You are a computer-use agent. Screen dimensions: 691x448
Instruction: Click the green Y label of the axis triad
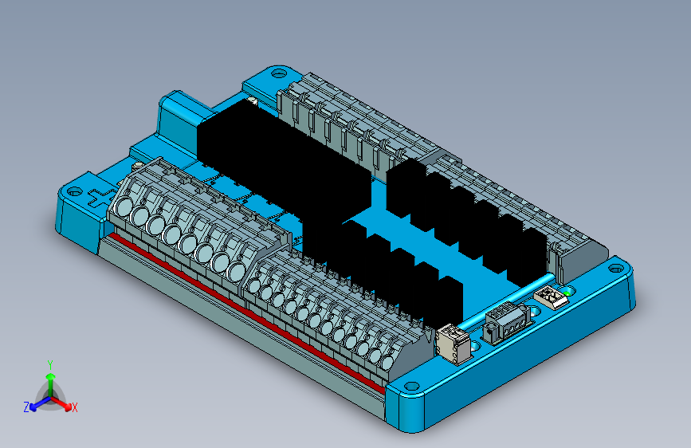(x=50, y=365)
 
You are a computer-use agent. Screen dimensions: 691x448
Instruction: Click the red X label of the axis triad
(x=74, y=408)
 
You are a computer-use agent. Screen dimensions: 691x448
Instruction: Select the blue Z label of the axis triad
(x=26, y=407)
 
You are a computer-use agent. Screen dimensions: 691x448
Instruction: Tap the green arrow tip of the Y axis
(x=51, y=376)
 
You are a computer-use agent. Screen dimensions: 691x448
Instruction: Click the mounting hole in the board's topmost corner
(x=278, y=73)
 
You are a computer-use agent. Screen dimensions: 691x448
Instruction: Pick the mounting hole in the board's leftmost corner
(x=74, y=192)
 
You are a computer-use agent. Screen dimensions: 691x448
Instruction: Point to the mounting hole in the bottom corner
(x=411, y=387)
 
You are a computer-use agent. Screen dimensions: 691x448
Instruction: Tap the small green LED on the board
(x=567, y=292)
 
